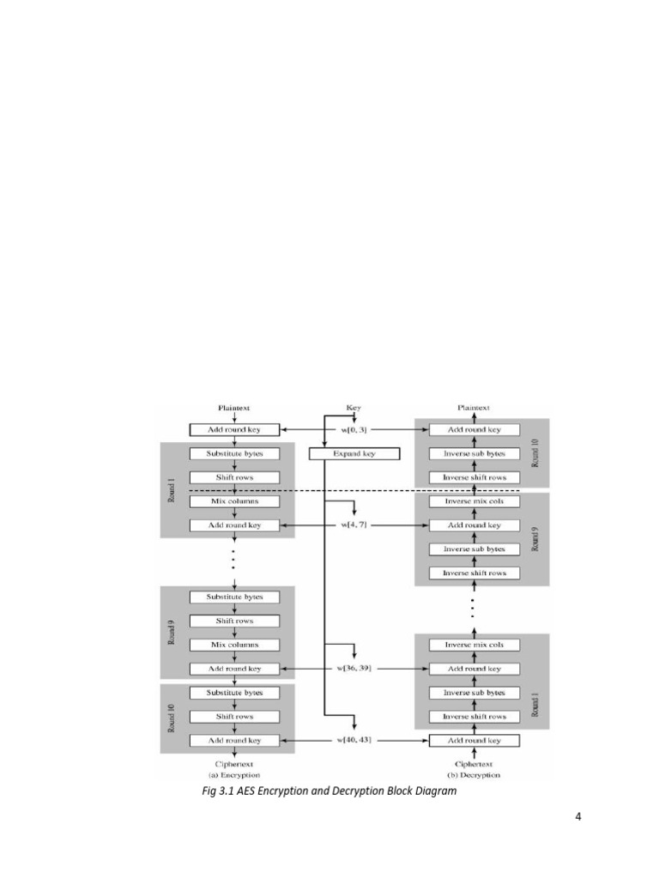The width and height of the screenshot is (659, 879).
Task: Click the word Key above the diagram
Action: (354, 408)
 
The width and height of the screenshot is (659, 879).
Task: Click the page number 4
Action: (578, 815)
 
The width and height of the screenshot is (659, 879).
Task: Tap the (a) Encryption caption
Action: (234, 774)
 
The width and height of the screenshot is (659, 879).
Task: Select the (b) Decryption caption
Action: (474, 774)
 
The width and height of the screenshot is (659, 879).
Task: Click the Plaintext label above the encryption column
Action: (234, 408)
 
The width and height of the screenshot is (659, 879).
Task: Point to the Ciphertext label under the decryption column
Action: (474, 763)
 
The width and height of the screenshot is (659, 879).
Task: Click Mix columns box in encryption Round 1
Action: (234, 500)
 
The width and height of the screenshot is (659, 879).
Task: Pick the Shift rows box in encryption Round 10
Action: (234, 716)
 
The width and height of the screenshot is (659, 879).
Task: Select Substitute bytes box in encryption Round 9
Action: (234, 597)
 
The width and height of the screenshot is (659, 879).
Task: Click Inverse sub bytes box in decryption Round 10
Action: (474, 453)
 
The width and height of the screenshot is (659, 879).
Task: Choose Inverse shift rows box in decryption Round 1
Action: (474, 716)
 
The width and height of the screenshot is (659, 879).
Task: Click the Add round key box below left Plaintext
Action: (234, 429)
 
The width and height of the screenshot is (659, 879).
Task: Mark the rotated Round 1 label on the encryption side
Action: (171, 490)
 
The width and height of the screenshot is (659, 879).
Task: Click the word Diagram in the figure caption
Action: (434, 791)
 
